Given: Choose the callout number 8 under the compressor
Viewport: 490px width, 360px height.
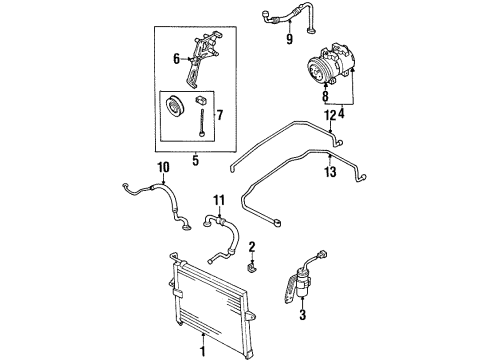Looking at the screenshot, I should (x=324, y=98).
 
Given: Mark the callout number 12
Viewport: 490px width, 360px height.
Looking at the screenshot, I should (x=328, y=115).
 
